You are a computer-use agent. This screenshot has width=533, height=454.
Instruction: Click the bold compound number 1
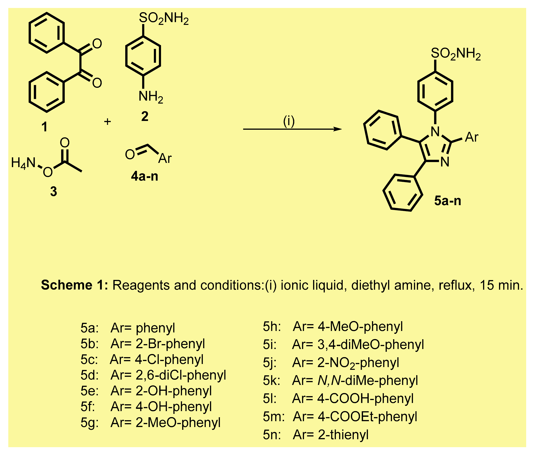coord(45,127)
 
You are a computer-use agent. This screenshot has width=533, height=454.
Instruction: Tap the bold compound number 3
coord(54,191)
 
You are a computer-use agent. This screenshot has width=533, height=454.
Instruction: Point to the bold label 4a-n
coord(145,176)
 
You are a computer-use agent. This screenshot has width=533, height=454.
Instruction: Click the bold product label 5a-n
coord(448,201)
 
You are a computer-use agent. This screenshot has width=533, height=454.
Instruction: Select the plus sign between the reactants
coord(107,122)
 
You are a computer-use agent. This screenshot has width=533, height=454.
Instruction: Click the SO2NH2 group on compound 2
coord(164,19)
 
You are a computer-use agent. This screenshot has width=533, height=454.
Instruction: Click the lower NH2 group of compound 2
coord(151,97)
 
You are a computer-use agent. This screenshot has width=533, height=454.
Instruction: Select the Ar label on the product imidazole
coord(472,137)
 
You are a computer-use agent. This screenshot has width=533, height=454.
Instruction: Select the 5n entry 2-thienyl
coord(343,435)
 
